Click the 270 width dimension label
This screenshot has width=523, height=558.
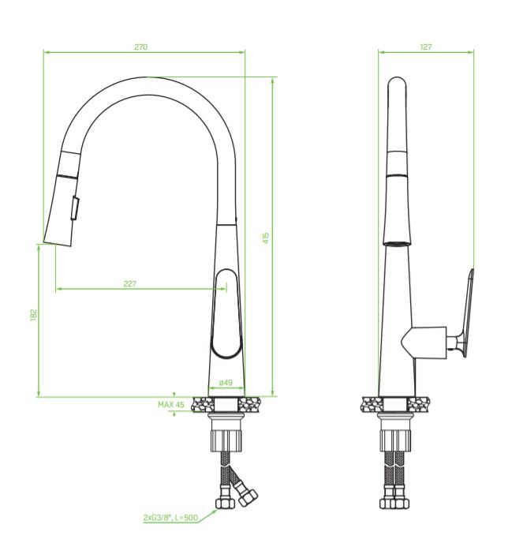pos(141,47)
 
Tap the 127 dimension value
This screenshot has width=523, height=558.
pos(426,47)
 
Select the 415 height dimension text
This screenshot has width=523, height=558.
pos(266,238)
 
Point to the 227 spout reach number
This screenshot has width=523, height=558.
pos(130,283)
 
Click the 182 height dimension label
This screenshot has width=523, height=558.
pos(33,315)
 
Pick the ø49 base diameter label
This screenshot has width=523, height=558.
pos(226,382)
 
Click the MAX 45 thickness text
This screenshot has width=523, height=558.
pos(171,405)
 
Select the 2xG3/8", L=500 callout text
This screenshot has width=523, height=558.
pos(170,517)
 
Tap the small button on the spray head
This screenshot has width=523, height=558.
pos(75,208)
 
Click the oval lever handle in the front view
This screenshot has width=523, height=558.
pos(226,313)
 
